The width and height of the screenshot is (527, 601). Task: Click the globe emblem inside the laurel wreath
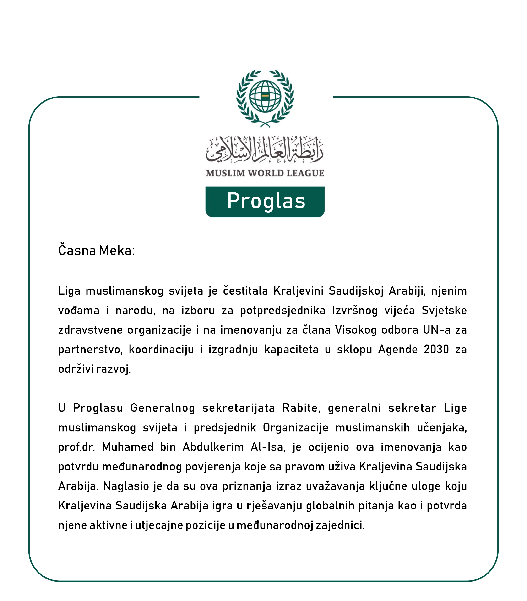pyautogui.click(x=265, y=96)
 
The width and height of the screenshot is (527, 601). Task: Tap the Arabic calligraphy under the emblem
pyautogui.click(x=265, y=149)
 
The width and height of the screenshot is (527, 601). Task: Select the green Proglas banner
pyautogui.click(x=265, y=202)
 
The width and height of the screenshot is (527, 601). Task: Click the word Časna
pyautogui.click(x=77, y=251)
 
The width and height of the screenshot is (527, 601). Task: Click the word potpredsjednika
pyautogui.click(x=283, y=310)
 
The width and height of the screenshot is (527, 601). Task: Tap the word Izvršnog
pyautogui.click(x=355, y=310)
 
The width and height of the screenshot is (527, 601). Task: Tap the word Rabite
pyautogui.click(x=301, y=408)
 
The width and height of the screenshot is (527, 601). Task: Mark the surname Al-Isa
pyautogui.click(x=268, y=447)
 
